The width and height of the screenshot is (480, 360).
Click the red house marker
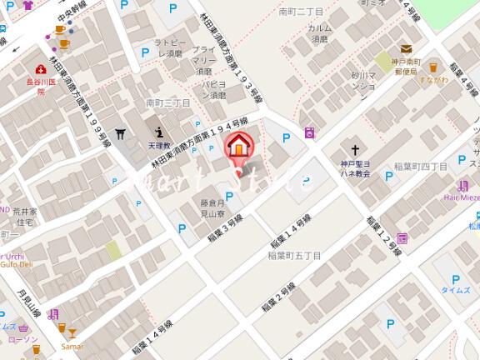238,145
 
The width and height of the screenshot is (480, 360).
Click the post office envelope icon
406,49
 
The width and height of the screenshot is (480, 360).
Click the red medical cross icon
40,70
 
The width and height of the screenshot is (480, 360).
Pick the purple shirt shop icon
27,5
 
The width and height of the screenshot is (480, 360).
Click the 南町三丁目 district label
167,102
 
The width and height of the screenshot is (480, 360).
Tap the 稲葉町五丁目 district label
293,257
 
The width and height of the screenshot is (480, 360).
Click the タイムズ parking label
455,289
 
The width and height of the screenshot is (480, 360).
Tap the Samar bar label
72,345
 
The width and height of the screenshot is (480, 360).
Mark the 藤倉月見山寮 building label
213,208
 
